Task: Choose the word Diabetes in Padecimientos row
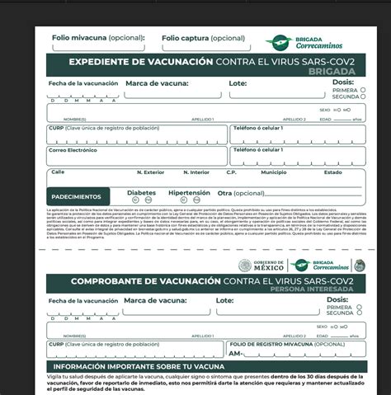142,192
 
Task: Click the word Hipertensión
189,192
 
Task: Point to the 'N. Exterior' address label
149,172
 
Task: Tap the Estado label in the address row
333,172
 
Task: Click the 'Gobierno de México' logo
261,266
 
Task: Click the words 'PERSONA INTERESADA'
318,291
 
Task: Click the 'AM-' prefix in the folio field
235,353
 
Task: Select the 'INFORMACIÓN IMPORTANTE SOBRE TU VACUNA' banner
134,365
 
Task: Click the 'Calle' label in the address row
58,172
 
